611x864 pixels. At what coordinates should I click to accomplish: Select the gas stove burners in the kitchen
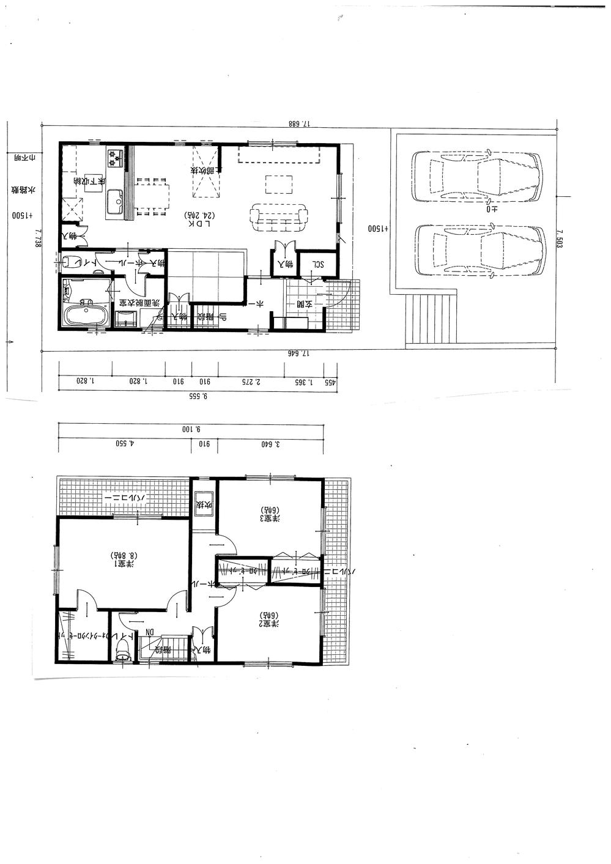115,158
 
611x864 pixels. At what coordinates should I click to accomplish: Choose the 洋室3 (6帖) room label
270,514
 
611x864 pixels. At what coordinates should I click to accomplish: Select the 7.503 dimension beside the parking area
559,238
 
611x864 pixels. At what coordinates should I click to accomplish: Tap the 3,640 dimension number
270,445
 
